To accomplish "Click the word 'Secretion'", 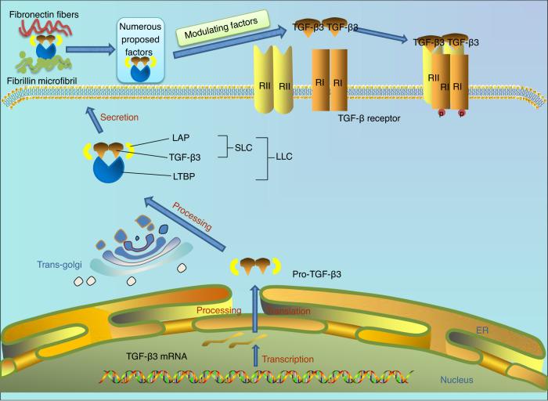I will [120, 119].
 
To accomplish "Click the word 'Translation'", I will [290, 311].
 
